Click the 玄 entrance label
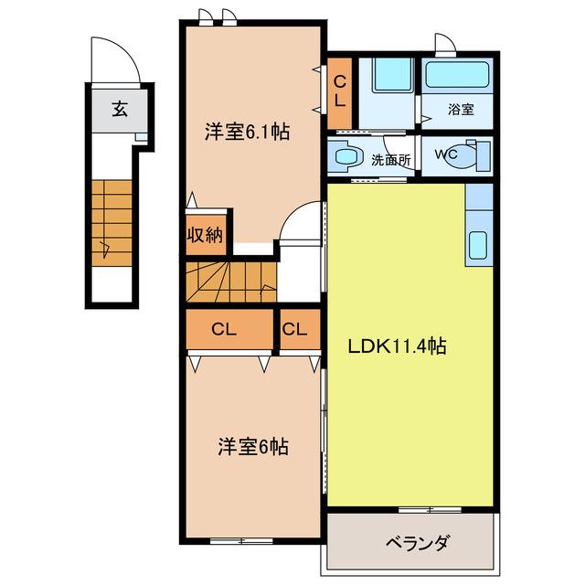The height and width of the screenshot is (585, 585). click(120, 110)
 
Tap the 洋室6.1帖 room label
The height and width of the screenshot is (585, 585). click(247, 133)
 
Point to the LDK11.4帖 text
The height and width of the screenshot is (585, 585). click(395, 347)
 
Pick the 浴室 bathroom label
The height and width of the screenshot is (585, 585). click(460, 110)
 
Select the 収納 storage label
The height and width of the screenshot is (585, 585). click(206, 235)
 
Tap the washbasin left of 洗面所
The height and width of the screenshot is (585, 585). click(347, 157)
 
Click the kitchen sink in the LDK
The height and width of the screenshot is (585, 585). click(478, 245)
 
